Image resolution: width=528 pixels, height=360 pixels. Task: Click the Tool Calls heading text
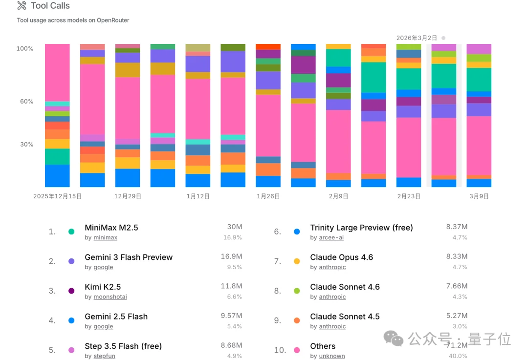click(50, 6)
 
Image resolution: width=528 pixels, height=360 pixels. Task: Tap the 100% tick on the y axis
click(25, 48)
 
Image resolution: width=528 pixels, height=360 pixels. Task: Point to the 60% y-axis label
click(25, 102)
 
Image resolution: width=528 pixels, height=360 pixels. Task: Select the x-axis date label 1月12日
click(198, 196)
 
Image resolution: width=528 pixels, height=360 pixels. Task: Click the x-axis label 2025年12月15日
click(57, 196)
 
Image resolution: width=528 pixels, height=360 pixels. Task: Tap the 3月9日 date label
click(479, 196)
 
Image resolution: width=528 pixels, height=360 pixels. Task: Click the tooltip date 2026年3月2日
click(417, 38)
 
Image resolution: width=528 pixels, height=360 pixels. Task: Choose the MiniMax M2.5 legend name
click(111, 228)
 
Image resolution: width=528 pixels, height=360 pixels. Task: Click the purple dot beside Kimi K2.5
click(71, 291)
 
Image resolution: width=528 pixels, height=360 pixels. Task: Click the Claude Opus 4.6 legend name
click(341, 257)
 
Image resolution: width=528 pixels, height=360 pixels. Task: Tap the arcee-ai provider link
click(331, 238)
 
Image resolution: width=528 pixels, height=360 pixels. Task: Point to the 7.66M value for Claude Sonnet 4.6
click(457, 286)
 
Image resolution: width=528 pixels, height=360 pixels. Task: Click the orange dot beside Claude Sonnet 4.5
click(297, 320)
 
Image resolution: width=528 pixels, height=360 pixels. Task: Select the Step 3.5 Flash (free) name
click(123, 346)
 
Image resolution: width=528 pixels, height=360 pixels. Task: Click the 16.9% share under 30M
click(233, 238)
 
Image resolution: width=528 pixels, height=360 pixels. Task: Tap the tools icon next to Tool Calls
click(22, 6)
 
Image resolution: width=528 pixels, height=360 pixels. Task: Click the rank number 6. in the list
click(277, 232)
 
